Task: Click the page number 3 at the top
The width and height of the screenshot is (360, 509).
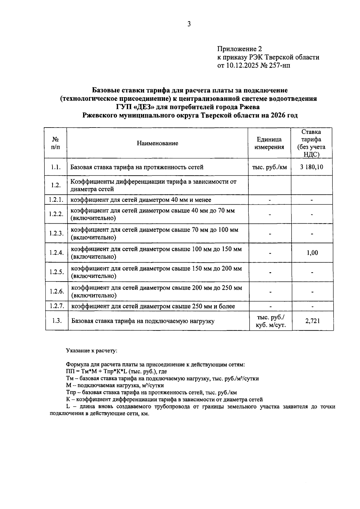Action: (189, 24)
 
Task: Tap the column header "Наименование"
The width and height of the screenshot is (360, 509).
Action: (157, 143)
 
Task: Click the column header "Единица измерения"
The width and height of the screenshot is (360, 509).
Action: (269, 143)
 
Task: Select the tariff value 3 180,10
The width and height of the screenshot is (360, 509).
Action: (312, 167)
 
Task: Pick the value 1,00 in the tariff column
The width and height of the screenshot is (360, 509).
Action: (312, 253)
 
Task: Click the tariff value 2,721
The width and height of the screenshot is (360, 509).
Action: (312, 321)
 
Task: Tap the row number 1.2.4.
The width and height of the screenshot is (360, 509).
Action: (56, 253)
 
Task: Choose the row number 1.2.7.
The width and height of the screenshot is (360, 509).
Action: (57, 306)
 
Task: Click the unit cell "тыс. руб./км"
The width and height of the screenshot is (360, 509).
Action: (269, 167)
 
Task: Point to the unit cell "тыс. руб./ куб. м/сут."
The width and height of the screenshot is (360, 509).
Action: (270, 321)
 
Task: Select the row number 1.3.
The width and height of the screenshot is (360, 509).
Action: (57, 321)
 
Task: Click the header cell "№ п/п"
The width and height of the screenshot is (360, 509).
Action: (55, 143)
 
